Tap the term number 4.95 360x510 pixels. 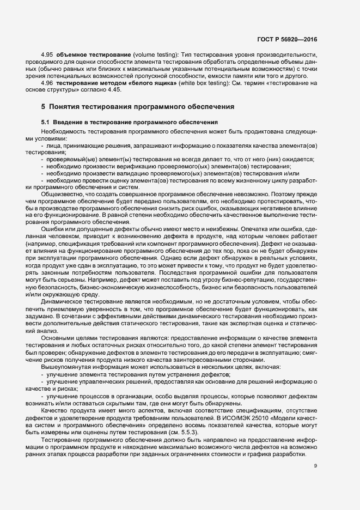point(47,56)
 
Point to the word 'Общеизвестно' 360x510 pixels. point(62,193)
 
